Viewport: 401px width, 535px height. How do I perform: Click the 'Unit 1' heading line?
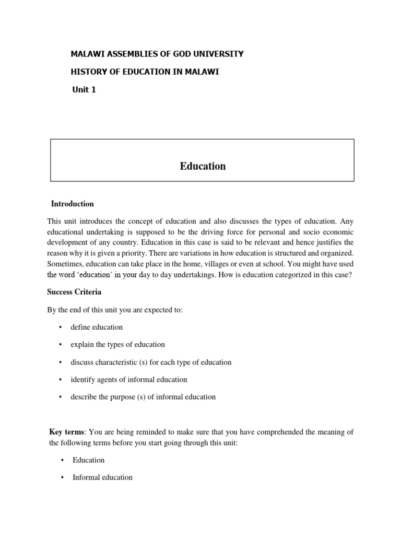pos(84,90)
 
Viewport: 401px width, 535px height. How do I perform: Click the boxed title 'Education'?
pos(203,166)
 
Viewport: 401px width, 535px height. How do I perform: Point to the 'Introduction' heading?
pos(73,204)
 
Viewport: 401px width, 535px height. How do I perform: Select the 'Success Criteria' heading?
pos(74,292)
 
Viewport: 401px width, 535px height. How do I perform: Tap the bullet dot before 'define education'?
pos(60,327)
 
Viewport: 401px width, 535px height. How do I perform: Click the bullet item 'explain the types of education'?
pos(118,344)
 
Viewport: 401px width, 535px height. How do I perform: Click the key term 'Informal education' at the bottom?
pos(103,477)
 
